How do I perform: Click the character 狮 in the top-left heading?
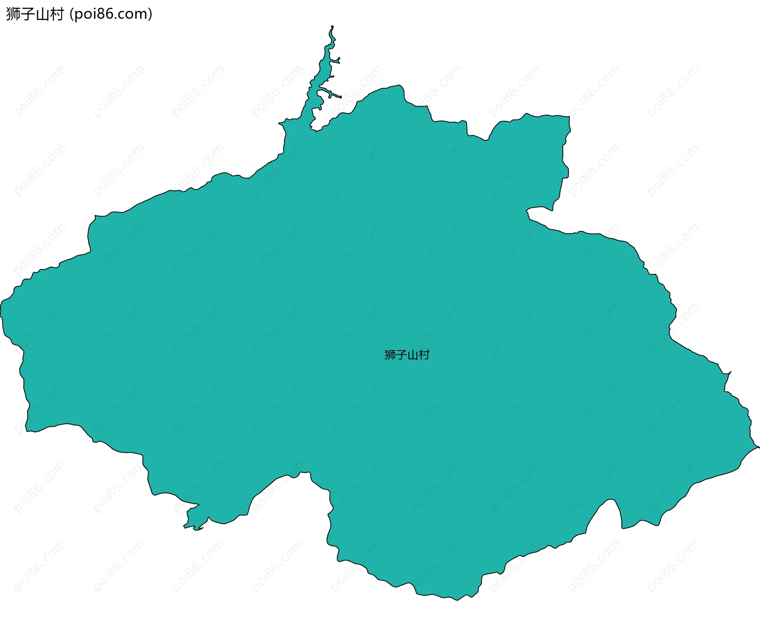click(13, 14)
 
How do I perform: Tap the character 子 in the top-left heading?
click(28, 14)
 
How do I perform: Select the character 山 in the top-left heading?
click(42, 14)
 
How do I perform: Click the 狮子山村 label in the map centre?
click(407, 355)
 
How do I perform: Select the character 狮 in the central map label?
click(390, 355)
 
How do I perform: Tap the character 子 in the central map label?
click(401, 355)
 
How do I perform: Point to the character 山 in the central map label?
click(412, 355)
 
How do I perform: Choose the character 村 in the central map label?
click(424, 355)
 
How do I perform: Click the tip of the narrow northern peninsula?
click(332, 27)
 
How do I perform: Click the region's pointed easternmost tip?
click(758, 447)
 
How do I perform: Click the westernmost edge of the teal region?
click(2, 309)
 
